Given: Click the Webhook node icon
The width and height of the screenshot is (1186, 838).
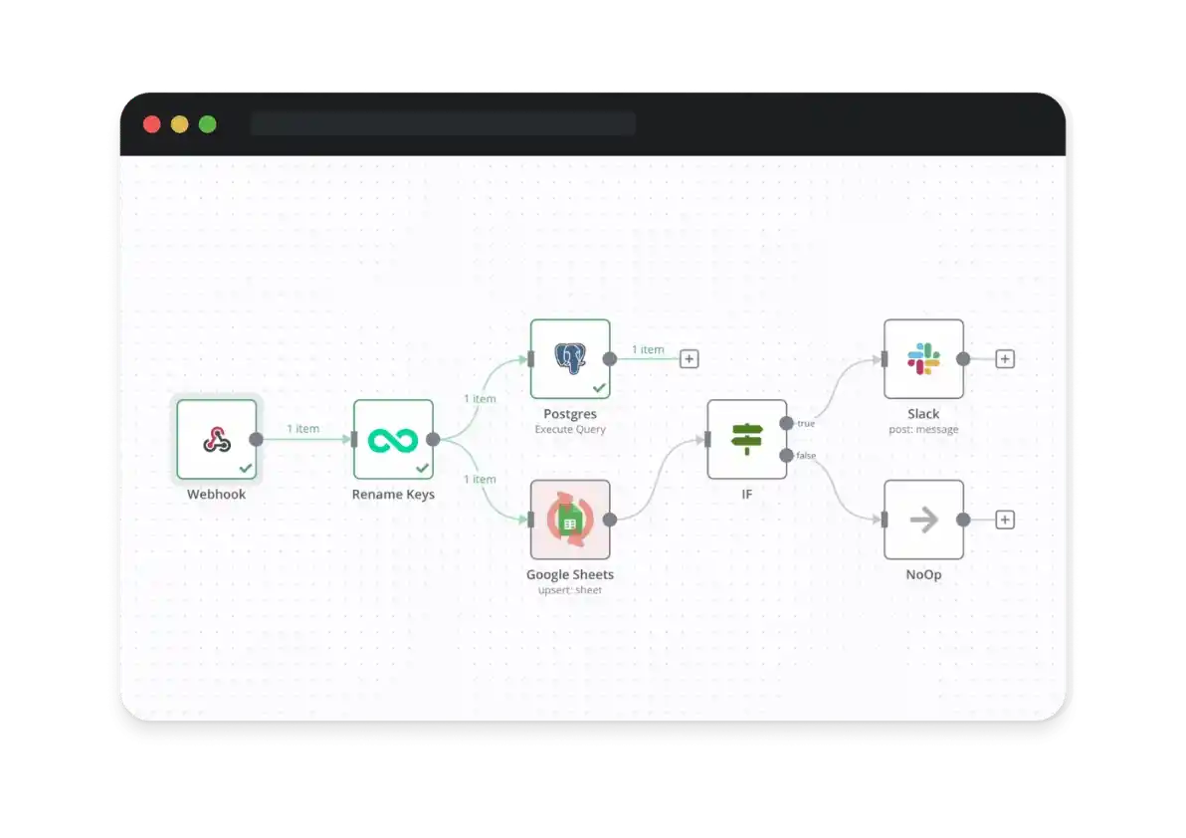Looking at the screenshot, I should (x=217, y=439).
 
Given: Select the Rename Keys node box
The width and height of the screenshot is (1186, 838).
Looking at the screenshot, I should (x=393, y=439).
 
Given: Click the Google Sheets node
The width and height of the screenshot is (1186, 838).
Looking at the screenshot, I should (x=570, y=519).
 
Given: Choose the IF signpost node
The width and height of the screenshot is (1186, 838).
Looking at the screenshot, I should (x=746, y=439).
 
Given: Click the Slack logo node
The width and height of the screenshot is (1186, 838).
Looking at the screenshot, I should (x=923, y=358).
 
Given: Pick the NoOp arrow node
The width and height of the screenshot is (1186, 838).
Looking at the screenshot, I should (x=923, y=519).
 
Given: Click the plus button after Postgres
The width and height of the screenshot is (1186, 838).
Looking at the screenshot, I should (x=689, y=358).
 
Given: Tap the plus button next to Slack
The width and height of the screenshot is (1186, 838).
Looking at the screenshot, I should (x=1005, y=358).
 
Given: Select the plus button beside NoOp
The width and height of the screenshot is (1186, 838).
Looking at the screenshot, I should (x=1005, y=519).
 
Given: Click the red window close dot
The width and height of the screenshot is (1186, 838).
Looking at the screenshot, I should (x=152, y=124).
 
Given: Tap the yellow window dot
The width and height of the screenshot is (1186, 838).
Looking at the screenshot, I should (x=179, y=124).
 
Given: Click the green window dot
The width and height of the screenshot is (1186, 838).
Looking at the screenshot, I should (x=207, y=124).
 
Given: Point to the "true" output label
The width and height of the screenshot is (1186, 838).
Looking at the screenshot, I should (x=806, y=424).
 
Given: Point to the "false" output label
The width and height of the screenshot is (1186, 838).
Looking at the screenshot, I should (x=806, y=456).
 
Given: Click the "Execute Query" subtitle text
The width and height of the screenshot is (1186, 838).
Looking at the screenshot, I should (x=570, y=430).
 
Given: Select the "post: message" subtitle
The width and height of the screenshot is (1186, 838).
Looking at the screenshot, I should (x=923, y=430).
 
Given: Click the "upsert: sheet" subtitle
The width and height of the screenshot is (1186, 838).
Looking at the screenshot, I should (x=570, y=590).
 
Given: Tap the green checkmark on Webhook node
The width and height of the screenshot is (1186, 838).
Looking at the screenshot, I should (x=245, y=467).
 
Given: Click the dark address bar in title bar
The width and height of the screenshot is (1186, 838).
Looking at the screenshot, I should (x=443, y=123).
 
